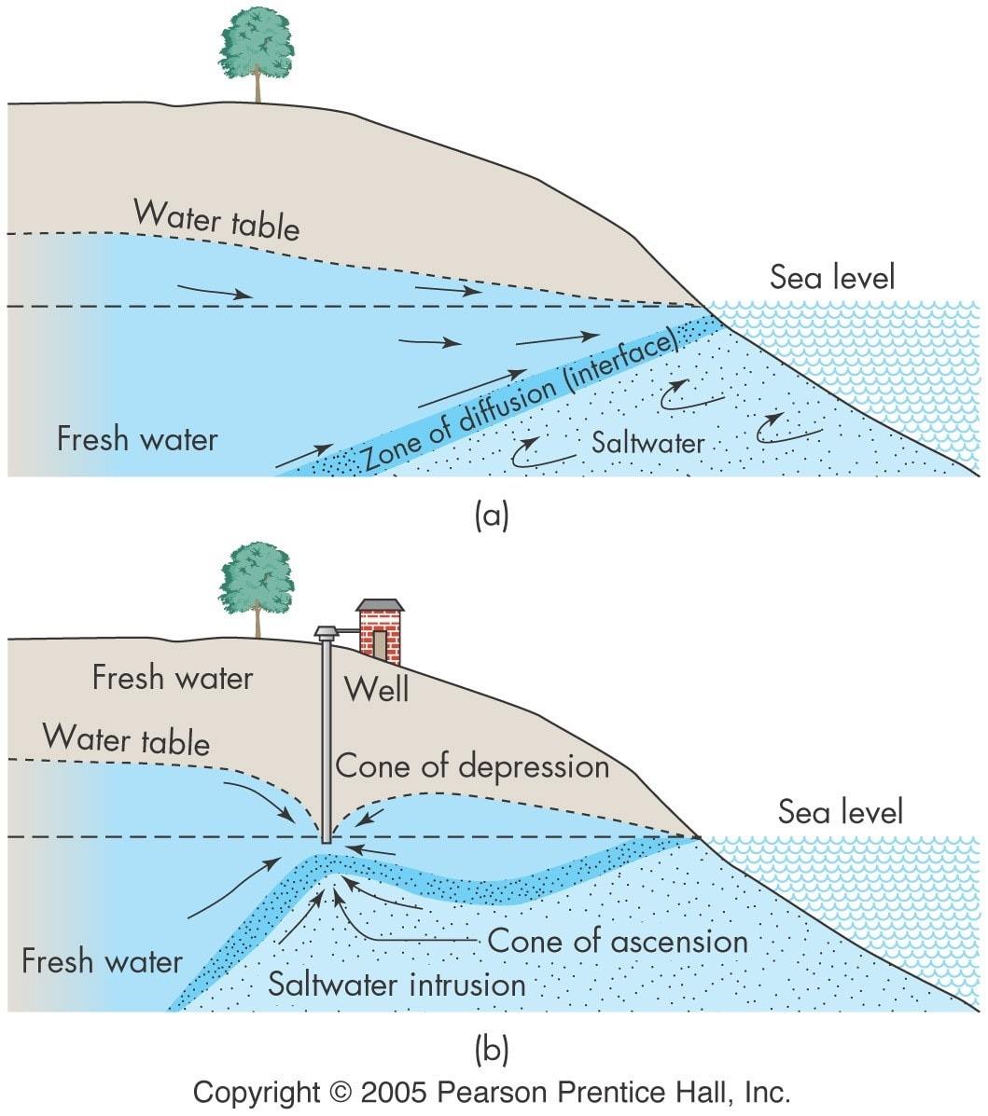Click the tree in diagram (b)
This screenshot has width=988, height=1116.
[x=257, y=589]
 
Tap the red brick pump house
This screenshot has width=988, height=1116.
[x=380, y=630]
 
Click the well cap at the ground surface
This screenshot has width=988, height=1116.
[x=327, y=632]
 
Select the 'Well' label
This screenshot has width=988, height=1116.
[x=376, y=689]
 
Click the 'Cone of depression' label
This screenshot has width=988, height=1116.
[x=472, y=766]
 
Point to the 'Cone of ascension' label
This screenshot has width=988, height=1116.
[x=618, y=941]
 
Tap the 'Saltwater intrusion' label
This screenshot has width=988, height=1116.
[x=397, y=985]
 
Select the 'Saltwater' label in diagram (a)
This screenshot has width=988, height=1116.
[x=647, y=443]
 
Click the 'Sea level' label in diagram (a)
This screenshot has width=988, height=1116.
[x=832, y=277]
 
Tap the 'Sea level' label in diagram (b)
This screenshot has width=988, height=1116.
[x=841, y=811]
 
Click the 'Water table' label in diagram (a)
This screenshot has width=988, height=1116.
[x=216, y=219]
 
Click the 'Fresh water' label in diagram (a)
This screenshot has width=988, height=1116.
[x=137, y=438]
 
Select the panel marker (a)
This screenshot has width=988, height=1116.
[x=492, y=515]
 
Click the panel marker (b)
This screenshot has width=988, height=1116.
[x=492, y=1049]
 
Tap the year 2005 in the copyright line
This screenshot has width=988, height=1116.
[x=394, y=1092]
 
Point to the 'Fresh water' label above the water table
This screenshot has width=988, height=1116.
[x=173, y=678]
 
